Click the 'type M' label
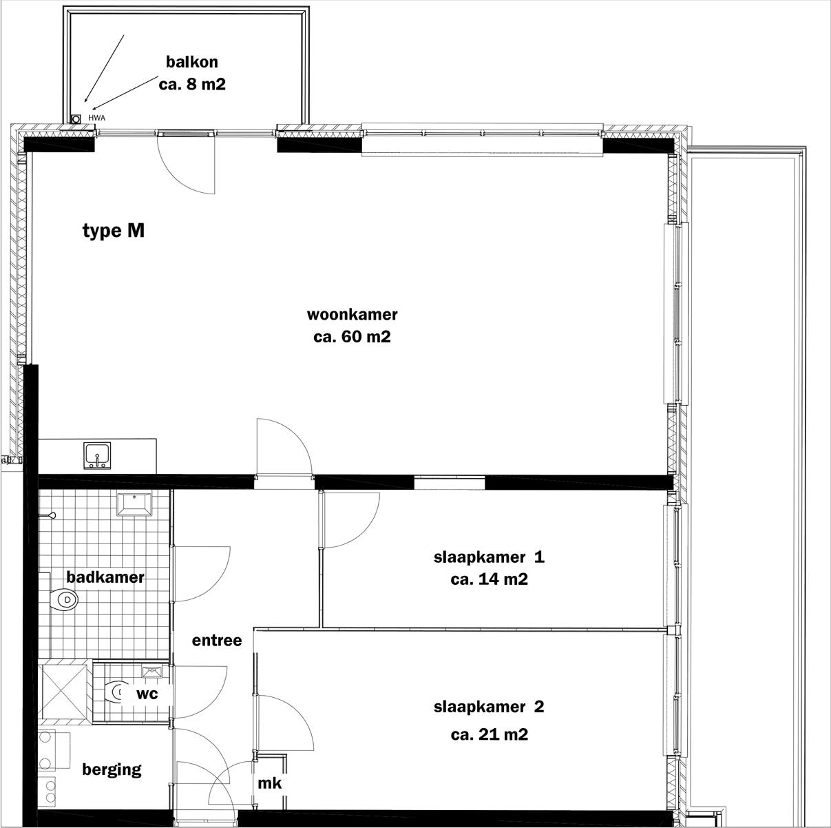114,231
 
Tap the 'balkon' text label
192,62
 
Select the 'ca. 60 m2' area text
352,337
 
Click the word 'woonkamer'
352,315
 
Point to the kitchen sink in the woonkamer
98,455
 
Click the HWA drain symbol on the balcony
76,118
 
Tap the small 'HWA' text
96,118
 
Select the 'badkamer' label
105,577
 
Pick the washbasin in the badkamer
134,505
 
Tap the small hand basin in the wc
151,672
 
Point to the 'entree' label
216,641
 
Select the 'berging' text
112,769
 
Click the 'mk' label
269,783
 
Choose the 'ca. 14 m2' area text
489,579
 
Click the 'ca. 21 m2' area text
489,734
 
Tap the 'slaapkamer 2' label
489,707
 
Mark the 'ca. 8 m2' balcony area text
192,84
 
